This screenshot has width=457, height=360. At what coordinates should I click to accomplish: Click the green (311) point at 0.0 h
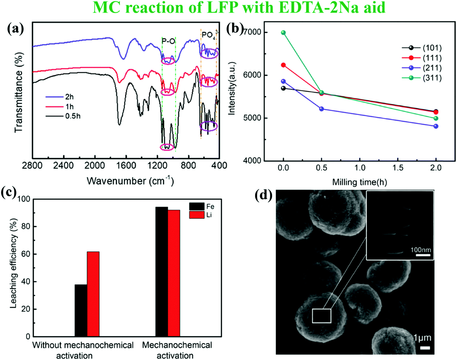(x=283, y=33)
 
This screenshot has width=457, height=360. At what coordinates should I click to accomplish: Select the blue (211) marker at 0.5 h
(x=322, y=109)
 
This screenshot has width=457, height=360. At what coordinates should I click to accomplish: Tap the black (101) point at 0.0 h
(x=283, y=88)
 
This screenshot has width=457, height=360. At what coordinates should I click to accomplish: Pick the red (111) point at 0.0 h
(x=283, y=65)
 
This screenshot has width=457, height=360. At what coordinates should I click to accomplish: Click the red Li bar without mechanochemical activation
(x=93, y=294)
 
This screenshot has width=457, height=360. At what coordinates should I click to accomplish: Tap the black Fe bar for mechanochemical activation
(x=162, y=272)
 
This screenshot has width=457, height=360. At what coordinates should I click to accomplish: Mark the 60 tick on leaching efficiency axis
(x=26, y=254)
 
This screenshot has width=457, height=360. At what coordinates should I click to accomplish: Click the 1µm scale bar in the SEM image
(x=425, y=348)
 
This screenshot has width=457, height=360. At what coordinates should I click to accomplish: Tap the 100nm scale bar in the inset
(x=423, y=255)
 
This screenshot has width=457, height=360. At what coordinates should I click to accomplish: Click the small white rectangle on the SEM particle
(x=322, y=316)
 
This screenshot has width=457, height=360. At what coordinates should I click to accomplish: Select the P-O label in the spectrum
(x=169, y=41)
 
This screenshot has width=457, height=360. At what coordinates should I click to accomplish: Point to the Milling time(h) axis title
(x=359, y=182)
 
